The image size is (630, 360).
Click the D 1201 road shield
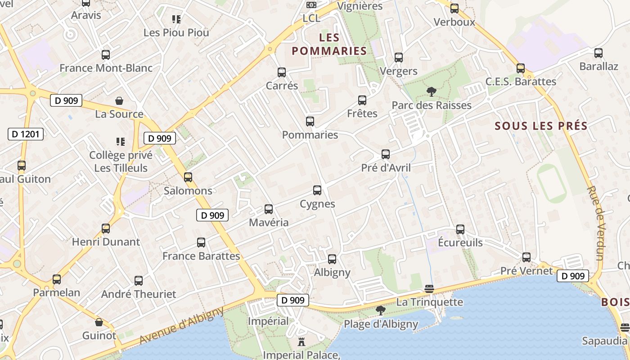(x=26, y=134)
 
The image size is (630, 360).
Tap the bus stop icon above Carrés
(x=282, y=72)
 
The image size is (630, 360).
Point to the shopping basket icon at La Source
(x=119, y=100)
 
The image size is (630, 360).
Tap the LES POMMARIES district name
(x=329, y=44)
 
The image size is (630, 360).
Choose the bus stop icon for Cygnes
(x=317, y=190)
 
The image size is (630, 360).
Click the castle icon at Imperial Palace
(x=301, y=342)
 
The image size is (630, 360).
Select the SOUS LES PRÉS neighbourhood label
(x=541, y=126)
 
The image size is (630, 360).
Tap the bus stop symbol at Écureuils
(x=460, y=229)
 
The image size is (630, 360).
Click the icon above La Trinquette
(x=429, y=288)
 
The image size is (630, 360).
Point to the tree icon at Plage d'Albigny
(x=381, y=310)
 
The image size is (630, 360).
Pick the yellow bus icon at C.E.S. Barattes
(x=521, y=68)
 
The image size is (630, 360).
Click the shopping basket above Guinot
(x=99, y=322)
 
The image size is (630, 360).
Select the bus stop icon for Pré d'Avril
(x=386, y=154)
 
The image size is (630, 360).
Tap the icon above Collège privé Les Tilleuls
(x=120, y=142)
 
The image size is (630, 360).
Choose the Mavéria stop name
(x=269, y=222)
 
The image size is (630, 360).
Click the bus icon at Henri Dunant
(x=106, y=229)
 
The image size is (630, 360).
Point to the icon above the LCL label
(x=311, y=5)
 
